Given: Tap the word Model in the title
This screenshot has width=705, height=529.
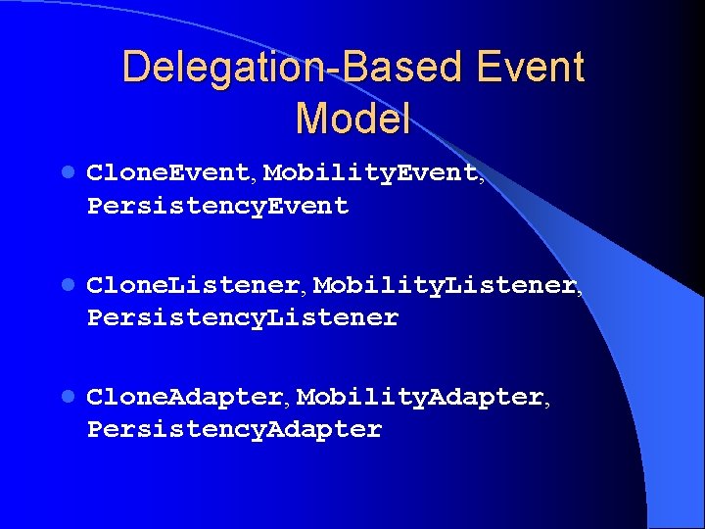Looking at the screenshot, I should pyautogui.click(x=352, y=119).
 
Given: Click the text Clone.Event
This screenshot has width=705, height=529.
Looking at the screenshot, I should pyautogui.click(x=169, y=173).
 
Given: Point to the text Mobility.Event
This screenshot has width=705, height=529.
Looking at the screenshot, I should pyautogui.click(x=371, y=173).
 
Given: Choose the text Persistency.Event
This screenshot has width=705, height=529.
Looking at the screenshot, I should pyautogui.click(x=218, y=207).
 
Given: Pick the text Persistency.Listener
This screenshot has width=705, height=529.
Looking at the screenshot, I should pyautogui.click(x=243, y=318).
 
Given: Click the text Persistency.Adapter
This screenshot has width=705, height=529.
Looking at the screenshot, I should pyautogui.click(x=235, y=430).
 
